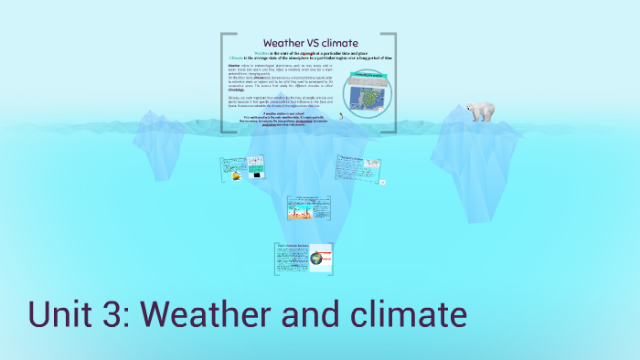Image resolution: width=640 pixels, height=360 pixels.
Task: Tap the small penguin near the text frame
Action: (340, 116)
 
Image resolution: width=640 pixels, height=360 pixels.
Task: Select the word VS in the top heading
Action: (313, 43)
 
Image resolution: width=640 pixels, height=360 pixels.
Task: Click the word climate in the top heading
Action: (341, 43)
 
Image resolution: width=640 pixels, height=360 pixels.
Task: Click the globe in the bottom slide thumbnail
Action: (316, 259)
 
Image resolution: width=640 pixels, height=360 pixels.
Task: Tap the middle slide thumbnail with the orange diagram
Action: (308, 207)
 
